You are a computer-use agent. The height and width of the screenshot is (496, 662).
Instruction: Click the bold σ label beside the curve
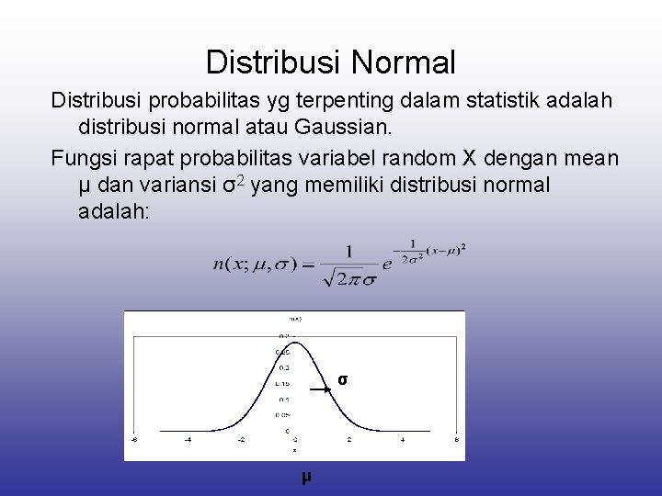342,379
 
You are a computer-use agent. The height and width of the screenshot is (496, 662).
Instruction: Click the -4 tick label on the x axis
188,439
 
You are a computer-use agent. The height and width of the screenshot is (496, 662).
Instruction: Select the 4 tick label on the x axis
403,439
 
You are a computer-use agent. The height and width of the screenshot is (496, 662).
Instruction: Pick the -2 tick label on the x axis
241,439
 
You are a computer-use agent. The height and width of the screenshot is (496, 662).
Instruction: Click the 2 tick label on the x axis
349,439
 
